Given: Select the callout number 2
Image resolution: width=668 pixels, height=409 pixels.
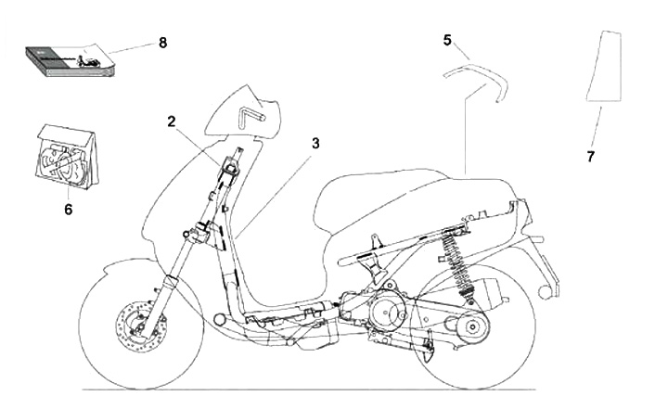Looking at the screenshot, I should (172, 121).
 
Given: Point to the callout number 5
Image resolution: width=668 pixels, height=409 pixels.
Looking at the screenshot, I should (447, 40).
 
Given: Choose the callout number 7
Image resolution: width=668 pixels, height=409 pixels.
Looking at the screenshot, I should (591, 157).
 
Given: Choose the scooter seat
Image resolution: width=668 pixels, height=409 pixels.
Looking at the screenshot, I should (408, 190).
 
